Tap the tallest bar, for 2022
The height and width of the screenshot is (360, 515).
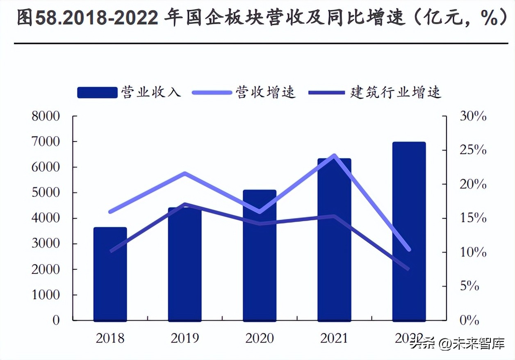(x=409, y=232)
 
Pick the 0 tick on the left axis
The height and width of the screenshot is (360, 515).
(x=56, y=320)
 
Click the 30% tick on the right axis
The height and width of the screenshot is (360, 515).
(x=472, y=116)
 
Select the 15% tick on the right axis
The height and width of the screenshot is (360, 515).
(x=472, y=218)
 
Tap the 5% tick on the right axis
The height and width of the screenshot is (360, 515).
(x=469, y=286)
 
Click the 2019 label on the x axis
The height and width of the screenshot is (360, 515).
(x=185, y=338)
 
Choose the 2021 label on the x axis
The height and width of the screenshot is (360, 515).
(x=334, y=338)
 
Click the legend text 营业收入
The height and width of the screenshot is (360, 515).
(x=150, y=92)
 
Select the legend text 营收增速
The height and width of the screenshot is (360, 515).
(x=265, y=92)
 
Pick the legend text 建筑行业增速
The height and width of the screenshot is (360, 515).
(x=395, y=92)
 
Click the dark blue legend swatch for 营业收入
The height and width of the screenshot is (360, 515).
(x=97, y=92)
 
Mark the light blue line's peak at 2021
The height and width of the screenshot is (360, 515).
(x=334, y=156)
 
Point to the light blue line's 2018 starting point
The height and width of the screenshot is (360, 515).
(x=110, y=212)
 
